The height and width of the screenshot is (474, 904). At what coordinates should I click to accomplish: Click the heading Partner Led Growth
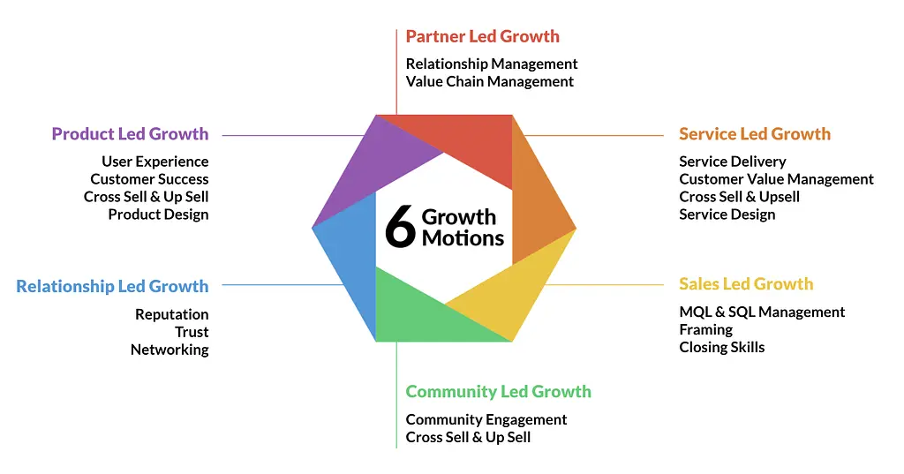point(483,36)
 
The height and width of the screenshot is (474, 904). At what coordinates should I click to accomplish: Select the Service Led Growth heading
point(755,134)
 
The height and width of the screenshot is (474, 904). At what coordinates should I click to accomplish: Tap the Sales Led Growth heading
point(746,283)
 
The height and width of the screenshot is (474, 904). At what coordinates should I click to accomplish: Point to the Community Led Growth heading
point(498,392)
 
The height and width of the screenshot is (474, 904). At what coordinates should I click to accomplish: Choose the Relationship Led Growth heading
point(112,287)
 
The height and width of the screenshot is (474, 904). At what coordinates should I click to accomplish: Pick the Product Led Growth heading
point(131,134)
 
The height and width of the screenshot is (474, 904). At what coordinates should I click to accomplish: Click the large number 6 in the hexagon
point(400,227)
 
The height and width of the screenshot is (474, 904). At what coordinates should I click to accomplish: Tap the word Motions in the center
point(463,238)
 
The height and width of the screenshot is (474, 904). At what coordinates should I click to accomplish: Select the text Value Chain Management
point(489,82)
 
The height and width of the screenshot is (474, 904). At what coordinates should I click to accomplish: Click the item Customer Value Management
point(776,179)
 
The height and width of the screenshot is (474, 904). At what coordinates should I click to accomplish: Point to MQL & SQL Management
point(762,312)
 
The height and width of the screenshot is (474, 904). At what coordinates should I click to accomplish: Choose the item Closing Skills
point(722,347)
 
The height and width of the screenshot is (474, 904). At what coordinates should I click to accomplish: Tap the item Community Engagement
point(486,420)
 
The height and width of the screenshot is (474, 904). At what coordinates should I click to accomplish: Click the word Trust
point(192,332)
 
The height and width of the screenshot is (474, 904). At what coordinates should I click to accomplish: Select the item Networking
point(169,350)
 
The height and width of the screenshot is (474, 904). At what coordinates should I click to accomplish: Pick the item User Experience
point(155,162)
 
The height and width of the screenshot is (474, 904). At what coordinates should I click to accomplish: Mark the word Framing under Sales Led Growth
point(705,330)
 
